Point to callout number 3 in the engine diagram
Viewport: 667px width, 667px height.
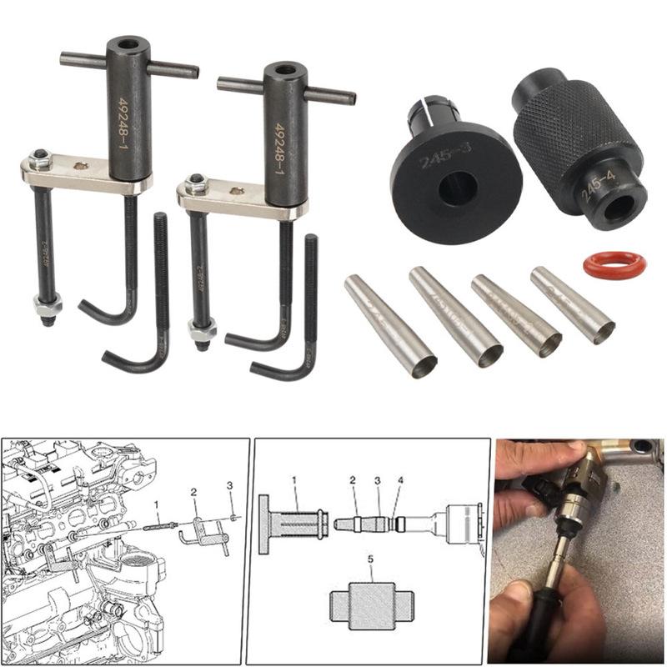230,485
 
